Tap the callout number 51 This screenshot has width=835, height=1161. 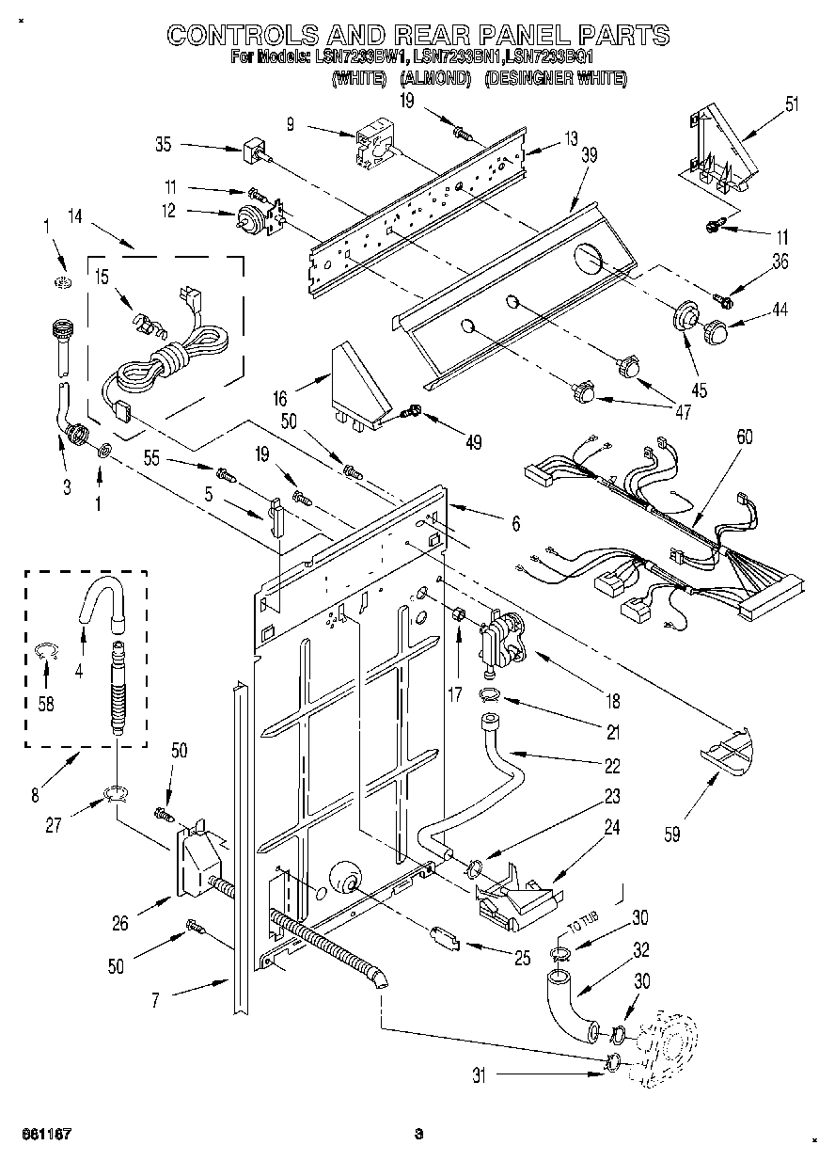click(x=792, y=103)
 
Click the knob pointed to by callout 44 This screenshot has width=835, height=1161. click(x=717, y=331)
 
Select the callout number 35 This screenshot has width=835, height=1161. click(x=164, y=145)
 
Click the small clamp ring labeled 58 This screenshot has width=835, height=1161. click(x=43, y=650)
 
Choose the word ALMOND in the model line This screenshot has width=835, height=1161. click(x=434, y=80)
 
